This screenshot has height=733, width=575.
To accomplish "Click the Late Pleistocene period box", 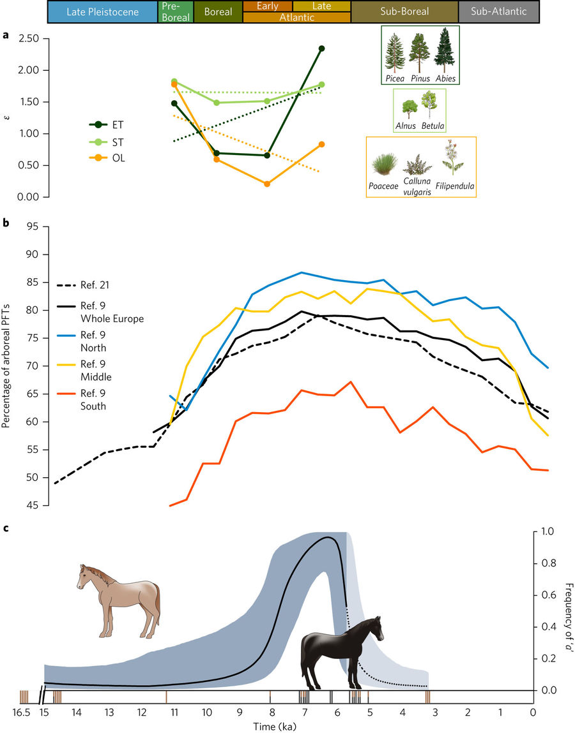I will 103,11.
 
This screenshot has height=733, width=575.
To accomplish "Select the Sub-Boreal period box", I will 404,11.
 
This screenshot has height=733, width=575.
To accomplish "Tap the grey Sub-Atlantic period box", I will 498,11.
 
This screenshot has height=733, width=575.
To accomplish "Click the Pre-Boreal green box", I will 175,11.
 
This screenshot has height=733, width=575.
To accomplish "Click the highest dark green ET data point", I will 321,48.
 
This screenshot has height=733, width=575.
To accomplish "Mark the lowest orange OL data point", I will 267,184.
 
